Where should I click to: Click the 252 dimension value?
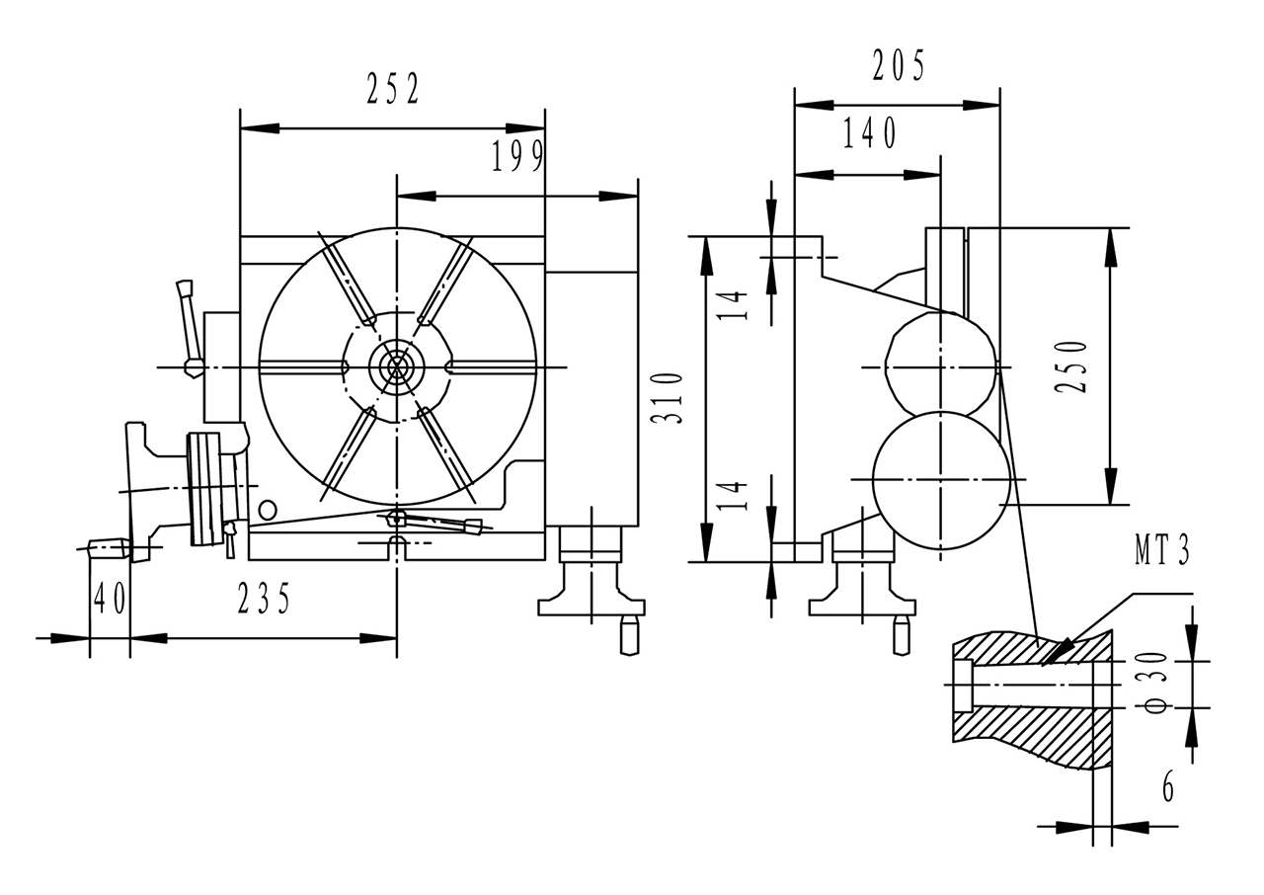coord(393,91)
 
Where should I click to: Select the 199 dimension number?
coord(517,157)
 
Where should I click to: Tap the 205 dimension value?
coord(899,66)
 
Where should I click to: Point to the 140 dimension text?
coord(869,133)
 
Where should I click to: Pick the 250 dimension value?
coord(1071,366)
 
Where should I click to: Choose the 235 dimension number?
coord(264,599)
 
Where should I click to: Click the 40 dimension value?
coord(110,599)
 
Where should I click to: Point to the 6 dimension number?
coord(1168,787)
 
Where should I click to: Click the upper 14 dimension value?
coord(733,306)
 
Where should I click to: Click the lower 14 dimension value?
coord(733,494)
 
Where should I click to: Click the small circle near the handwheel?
coord(267,510)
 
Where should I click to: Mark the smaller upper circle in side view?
coord(941,366)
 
